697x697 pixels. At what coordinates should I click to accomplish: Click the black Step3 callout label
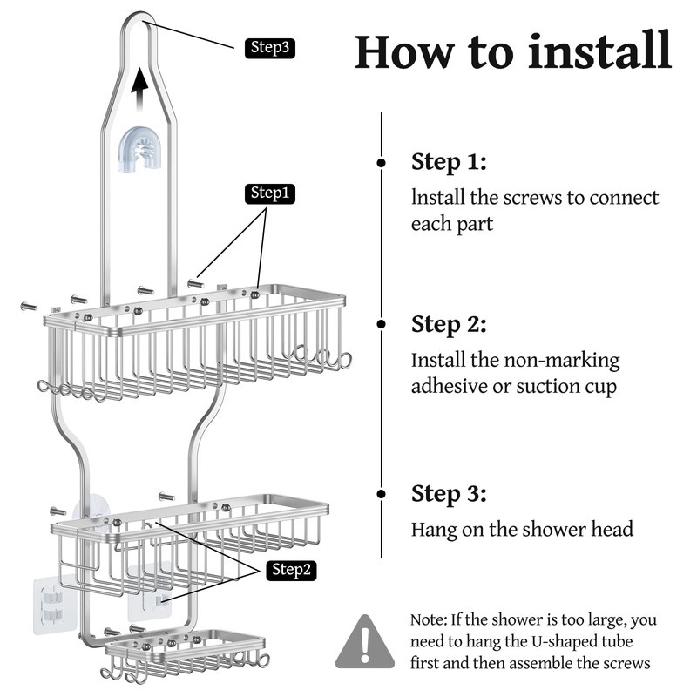tap(269, 48)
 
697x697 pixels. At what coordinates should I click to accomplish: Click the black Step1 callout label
tap(269, 193)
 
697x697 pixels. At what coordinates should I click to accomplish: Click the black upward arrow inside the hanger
tap(139, 90)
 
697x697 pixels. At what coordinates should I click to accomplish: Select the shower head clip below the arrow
tap(140, 149)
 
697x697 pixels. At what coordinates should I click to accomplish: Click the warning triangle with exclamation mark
tap(365, 642)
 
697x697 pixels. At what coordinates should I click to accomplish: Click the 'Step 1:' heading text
tap(448, 163)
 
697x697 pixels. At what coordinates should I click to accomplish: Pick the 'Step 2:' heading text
tap(449, 324)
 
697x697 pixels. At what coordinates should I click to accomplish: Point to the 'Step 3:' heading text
tap(449, 494)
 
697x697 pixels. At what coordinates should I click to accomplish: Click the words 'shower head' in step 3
tap(576, 529)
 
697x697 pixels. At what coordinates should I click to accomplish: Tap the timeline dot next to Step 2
tap(381, 324)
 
